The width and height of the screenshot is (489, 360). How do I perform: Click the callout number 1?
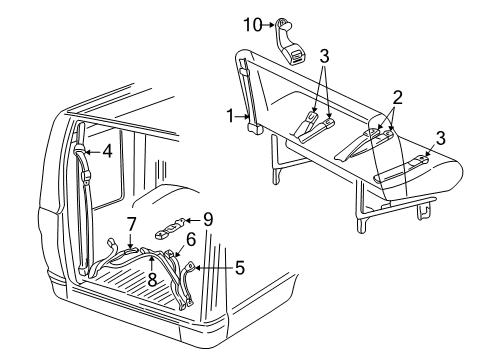coord(232,116)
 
